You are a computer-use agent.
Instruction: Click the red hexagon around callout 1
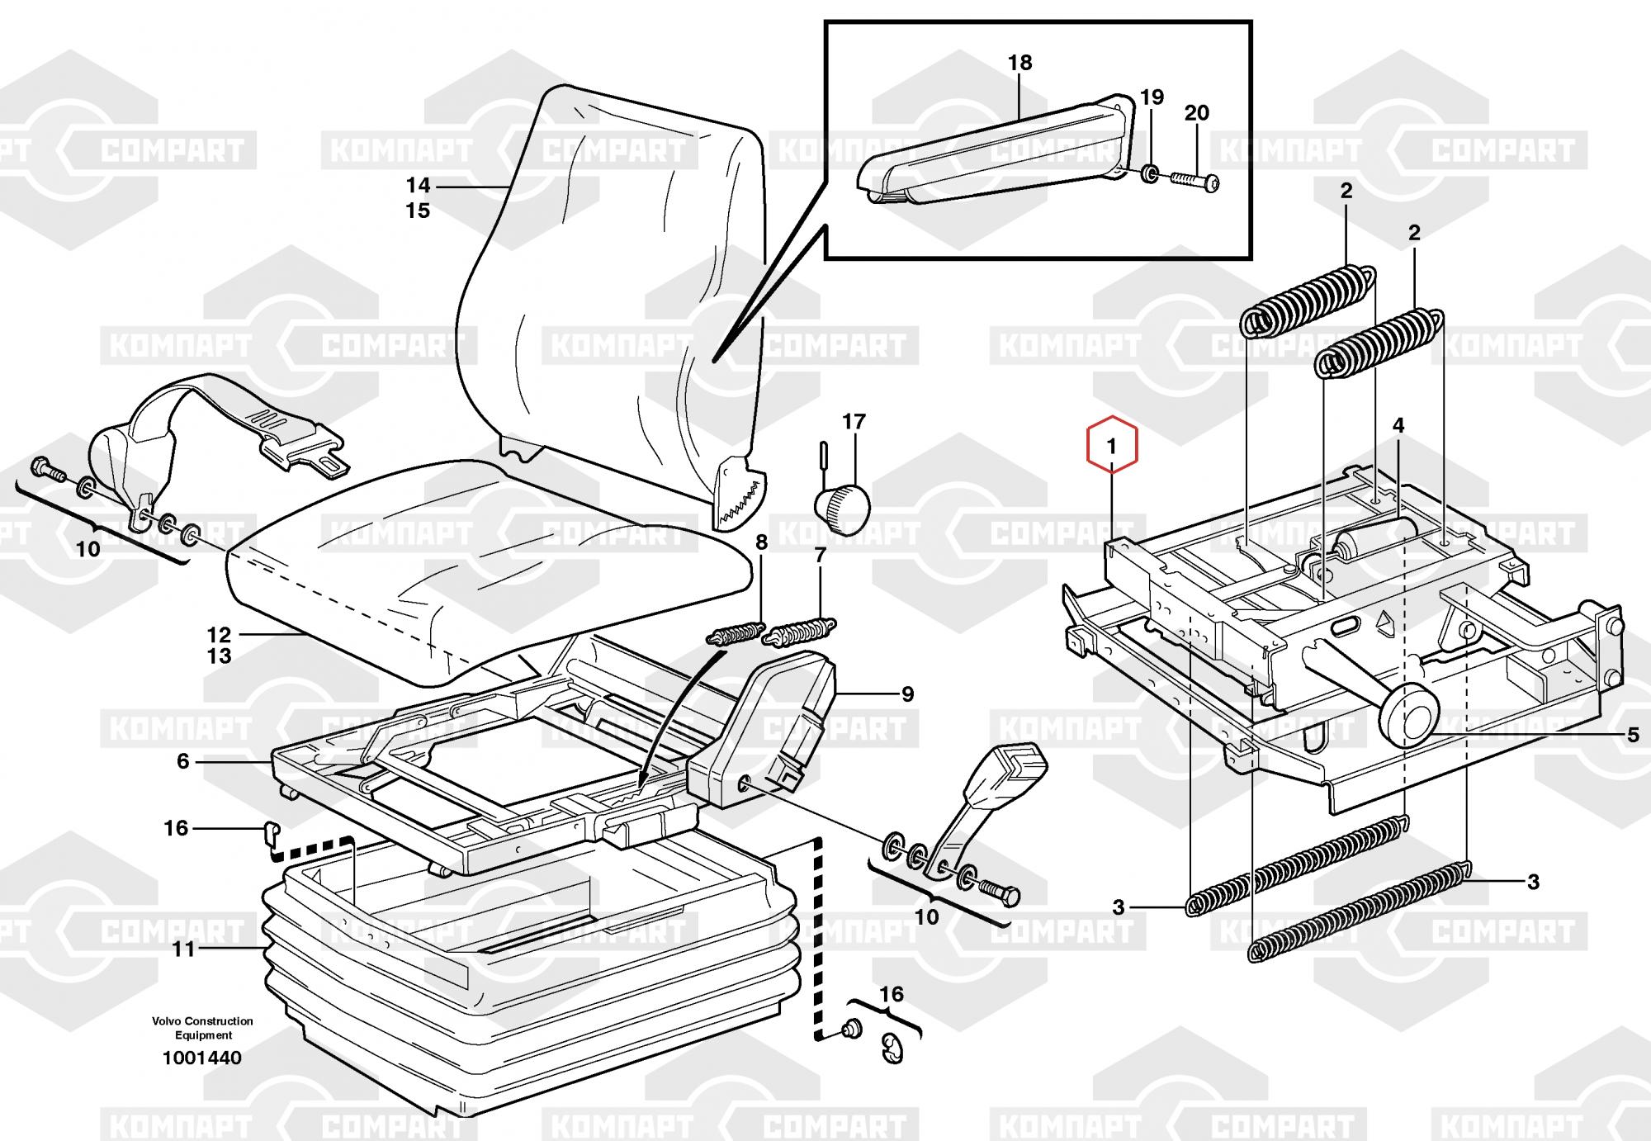coord(1112,447)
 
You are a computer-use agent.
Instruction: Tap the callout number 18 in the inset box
coord(1019,63)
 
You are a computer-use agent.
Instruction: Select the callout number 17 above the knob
coord(854,422)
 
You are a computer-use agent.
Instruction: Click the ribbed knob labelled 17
coord(843,503)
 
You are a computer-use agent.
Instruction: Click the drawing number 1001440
coord(202,1058)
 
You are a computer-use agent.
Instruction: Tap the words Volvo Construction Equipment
coord(202,1028)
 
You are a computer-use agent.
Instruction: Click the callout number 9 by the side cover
coord(907,694)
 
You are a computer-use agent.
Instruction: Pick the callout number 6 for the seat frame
coord(183,761)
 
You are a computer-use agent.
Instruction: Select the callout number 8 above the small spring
coord(760,543)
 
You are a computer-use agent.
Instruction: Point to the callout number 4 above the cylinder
coord(1398,426)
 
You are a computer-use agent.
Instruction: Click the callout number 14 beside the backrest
coord(418,185)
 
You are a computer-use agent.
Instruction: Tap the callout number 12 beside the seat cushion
coord(219,635)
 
